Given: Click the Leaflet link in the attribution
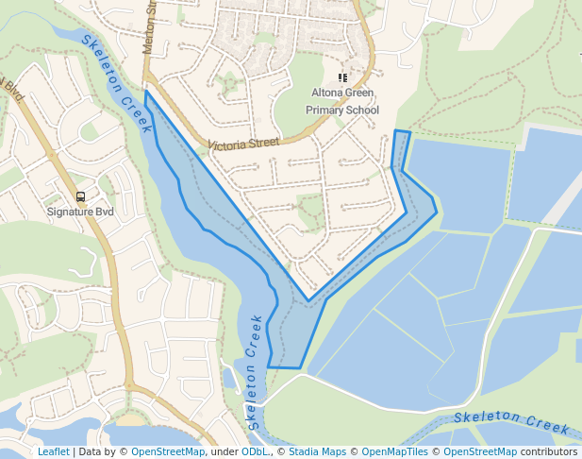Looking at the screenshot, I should [53, 451].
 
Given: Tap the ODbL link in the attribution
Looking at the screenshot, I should [255, 451].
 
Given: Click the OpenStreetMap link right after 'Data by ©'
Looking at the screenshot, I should [167, 451].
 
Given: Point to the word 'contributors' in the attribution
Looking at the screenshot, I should [548, 451].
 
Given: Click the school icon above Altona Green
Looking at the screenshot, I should [342, 78].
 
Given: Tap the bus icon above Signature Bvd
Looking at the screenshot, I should [80, 197].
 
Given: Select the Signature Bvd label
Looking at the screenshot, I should [80, 212].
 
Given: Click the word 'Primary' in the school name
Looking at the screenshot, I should [326, 110].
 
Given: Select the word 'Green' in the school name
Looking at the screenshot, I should [359, 93].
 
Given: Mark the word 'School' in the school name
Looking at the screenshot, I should [363, 110].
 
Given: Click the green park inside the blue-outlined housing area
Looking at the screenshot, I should [310, 210].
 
